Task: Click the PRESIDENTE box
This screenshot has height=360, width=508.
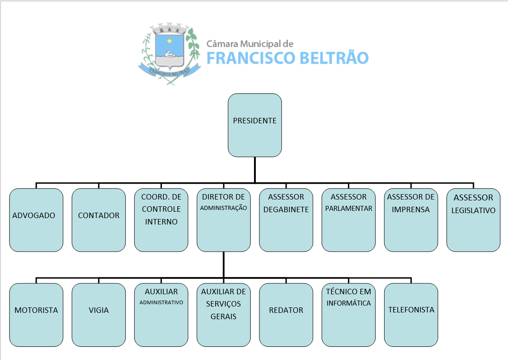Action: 254,125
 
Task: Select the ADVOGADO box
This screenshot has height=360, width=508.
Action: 36,220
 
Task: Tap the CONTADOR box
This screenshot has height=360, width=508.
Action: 98,220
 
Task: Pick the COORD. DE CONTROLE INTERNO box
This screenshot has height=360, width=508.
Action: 161,220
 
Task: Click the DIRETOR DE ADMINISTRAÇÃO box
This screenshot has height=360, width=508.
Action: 224,220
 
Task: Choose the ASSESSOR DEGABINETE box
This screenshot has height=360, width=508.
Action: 286,220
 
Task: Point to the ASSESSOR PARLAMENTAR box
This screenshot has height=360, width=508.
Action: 348,220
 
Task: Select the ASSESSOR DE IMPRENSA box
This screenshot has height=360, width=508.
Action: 411,220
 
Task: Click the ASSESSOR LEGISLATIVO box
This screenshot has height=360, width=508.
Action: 473,220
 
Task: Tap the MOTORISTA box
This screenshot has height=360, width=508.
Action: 36,315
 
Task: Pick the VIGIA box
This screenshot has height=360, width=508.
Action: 98,315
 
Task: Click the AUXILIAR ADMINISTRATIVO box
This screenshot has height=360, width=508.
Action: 161,315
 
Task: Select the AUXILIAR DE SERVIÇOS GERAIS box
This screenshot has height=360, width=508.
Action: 224,315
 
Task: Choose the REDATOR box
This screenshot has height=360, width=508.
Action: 286,315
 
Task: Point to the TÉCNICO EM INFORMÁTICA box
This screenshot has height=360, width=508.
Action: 348,315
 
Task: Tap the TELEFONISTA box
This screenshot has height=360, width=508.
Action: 411,315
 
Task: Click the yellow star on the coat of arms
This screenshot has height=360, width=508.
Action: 170,41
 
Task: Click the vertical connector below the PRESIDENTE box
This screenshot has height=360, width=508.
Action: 254,170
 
